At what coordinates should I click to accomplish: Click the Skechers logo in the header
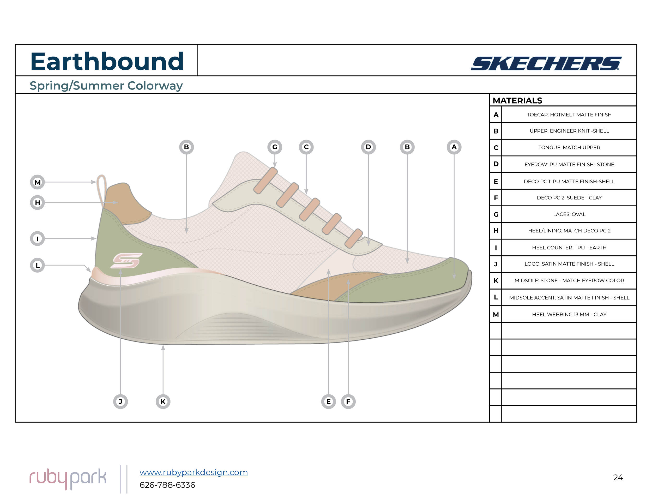click(546, 63)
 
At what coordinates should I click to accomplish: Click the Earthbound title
click(107, 62)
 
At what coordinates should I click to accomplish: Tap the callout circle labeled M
click(37, 182)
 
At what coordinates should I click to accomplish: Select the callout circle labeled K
click(163, 401)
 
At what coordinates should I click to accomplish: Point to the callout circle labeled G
click(275, 147)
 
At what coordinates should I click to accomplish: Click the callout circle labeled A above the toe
click(454, 147)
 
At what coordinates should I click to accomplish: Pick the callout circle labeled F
click(348, 401)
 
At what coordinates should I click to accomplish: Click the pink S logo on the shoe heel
click(126, 260)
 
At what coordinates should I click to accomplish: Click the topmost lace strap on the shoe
click(265, 181)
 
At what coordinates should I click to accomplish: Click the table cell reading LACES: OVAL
click(569, 214)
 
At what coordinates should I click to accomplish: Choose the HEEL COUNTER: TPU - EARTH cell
click(569, 248)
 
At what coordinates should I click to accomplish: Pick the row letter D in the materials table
click(496, 164)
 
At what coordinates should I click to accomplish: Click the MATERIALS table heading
click(517, 101)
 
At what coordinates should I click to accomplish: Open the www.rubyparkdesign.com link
click(194, 472)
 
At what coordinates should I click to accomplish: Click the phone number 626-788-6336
click(167, 485)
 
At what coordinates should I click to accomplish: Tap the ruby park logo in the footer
click(68, 479)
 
